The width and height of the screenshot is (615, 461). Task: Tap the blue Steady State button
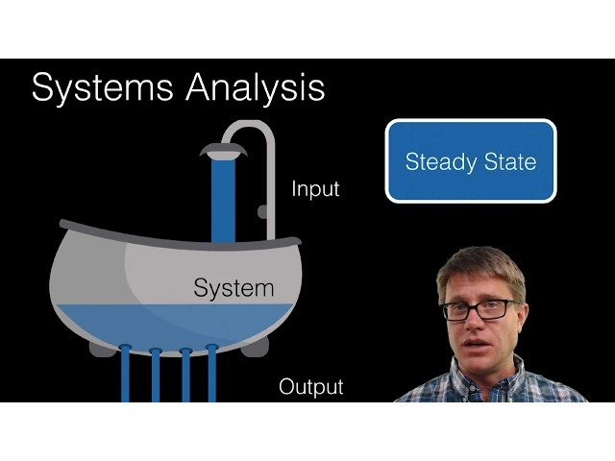tap(471, 161)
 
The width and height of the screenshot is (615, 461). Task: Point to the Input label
tap(315, 189)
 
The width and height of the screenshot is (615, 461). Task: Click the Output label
tap(310, 387)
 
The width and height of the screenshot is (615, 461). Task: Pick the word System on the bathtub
tap(234, 287)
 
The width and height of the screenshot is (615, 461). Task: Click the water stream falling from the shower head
tap(224, 197)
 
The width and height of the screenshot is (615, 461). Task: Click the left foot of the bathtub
tap(100, 348)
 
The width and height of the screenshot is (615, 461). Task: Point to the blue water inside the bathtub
tap(173, 322)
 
